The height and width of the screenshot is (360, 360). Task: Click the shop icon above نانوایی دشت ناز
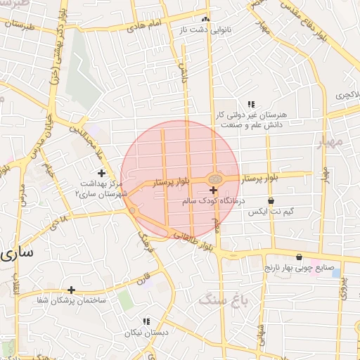pos(205,20)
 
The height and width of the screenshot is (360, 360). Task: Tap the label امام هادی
pos(144,25)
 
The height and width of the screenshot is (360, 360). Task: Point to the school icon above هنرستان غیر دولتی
pos(250,104)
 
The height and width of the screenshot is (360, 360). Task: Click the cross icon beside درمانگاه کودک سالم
pos(213,191)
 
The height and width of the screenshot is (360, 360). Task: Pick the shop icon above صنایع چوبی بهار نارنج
pos(300,257)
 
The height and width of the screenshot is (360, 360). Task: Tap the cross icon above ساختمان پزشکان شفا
pos(71,289)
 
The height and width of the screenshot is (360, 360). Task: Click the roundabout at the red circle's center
pos(214,179)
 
